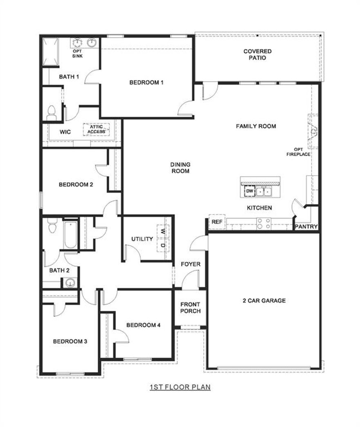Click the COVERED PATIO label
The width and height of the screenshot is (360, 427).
click(257, 54)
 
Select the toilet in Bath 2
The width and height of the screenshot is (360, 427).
click(52, 226)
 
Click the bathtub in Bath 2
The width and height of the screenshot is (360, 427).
click(70, 235)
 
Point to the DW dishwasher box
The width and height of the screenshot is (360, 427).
click(249, 191)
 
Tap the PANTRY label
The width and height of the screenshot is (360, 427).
click(306, 226)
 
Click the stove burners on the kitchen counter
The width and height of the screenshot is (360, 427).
click(263, 223)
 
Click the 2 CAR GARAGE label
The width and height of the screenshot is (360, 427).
click(263, 300)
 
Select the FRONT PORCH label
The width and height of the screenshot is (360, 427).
click(190, 308)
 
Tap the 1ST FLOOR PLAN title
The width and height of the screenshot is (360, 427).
click(180, 386)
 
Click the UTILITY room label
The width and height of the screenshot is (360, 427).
click(142, 239)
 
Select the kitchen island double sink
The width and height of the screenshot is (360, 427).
click(265, 191)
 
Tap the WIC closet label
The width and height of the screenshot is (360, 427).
click(65, 132)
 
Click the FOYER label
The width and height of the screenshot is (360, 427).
click(191, 264)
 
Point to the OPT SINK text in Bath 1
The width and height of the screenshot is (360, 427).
click(77, 53)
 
